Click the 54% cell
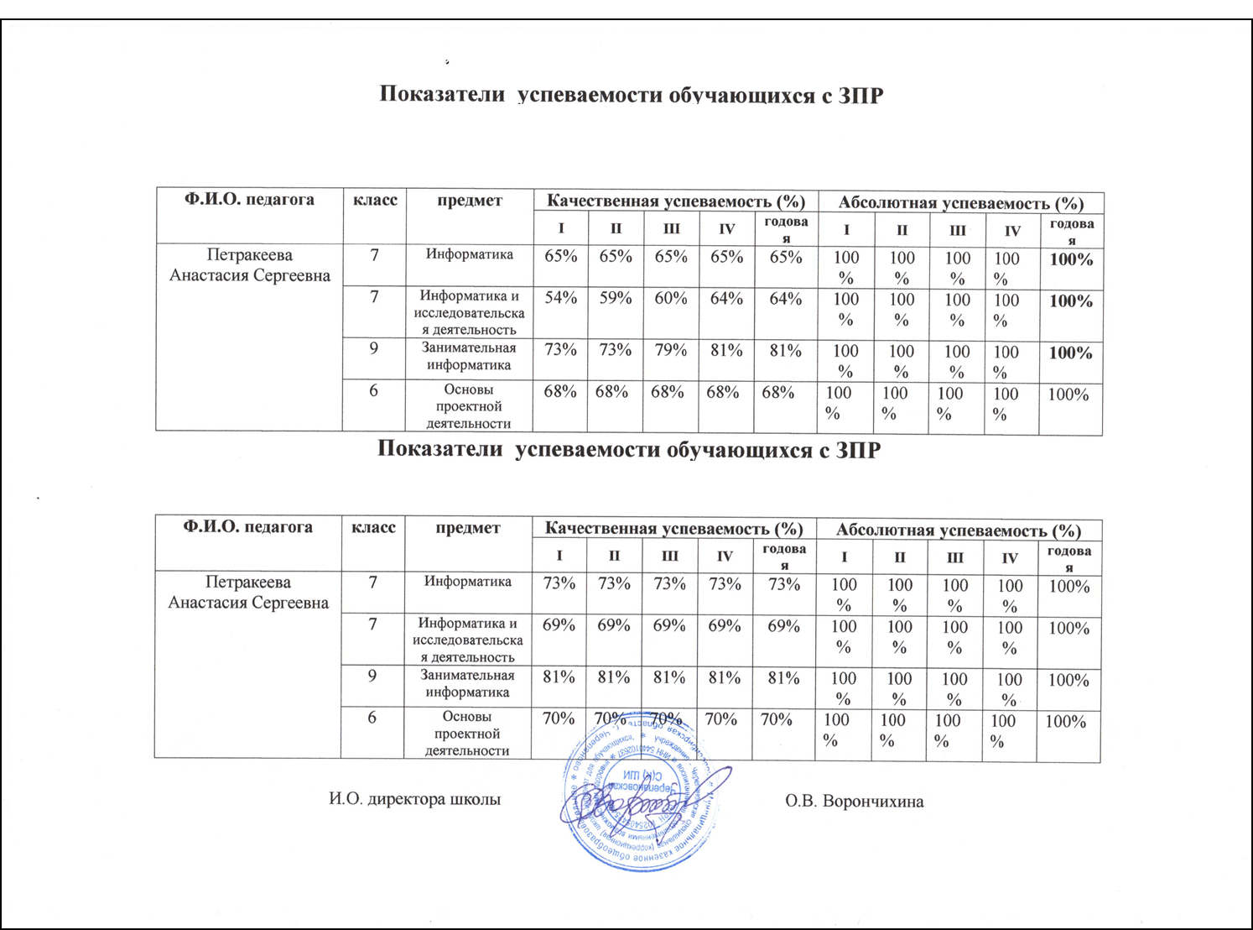point(560,299)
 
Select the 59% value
point(615,299)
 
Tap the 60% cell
point(670,299)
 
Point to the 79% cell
point(670,350)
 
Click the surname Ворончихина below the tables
point(854,802)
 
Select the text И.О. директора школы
point(414,799)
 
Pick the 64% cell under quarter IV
point(726,299)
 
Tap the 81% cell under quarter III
point(668,677)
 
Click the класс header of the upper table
point(375,200)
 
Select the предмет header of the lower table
point(468,527)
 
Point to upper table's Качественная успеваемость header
point(675,201)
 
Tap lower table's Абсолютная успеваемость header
point(958,530)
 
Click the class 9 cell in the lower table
point(372,675)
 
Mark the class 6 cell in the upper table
point(374,389)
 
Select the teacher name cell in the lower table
point(248,593)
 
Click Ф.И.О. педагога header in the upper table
point(249,200)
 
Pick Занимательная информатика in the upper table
point(469,356)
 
